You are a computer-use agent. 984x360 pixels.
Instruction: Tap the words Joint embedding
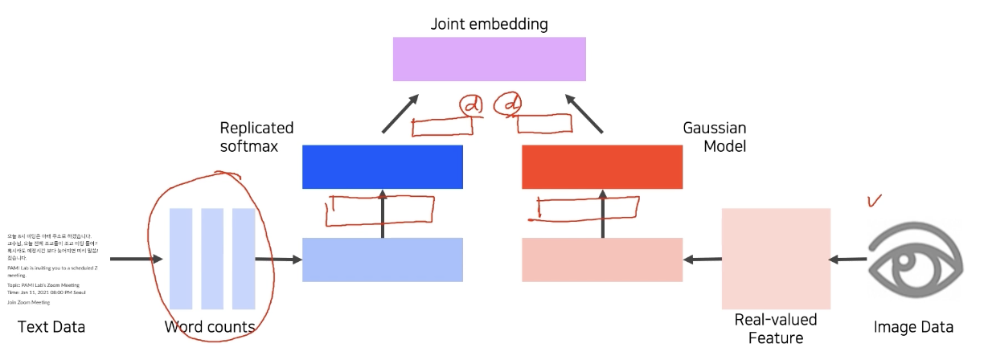[x=489, y=23]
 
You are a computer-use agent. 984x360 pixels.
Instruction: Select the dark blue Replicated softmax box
[x=383, y=166]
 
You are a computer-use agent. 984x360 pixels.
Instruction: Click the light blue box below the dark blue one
[x=383, y=260]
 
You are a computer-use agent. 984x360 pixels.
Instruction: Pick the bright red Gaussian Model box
[x=602, y=166]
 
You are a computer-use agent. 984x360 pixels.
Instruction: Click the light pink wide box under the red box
[x=602, y=260]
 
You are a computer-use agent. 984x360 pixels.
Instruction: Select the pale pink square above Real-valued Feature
[x=776, y=258]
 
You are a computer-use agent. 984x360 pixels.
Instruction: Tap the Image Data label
[x=913, y=327]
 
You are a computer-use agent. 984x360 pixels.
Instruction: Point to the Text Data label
[x=51, y=327]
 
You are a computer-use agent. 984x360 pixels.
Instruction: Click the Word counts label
[x=210, y=327]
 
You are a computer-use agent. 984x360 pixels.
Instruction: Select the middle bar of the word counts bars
[x=212, y=258]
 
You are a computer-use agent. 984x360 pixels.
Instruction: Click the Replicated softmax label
[x=256, y=137]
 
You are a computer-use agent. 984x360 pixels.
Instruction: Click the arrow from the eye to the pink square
[x=847, y=259]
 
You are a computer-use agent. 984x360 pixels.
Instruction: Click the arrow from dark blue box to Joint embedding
[x=400, y=112]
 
